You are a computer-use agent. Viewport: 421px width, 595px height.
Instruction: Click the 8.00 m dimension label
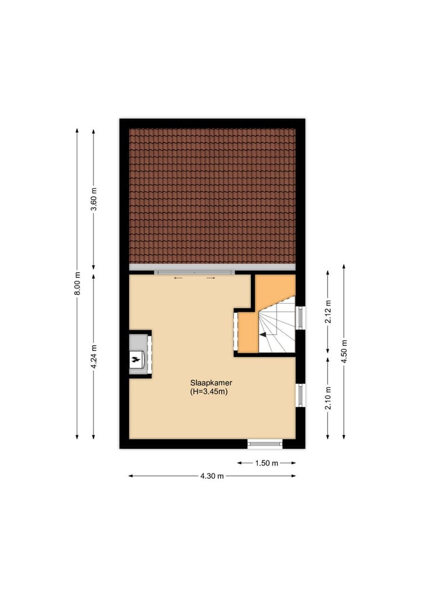point(77,284)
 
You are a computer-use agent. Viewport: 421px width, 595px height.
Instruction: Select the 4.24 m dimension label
point(94,355)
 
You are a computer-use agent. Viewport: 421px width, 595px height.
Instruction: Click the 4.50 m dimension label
point(344,351)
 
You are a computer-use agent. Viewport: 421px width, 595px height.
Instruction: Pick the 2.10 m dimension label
point(328,398)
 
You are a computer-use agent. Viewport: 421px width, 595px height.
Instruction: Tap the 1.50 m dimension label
point(266,463)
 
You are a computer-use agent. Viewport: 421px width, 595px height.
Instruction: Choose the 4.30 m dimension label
point(212,476)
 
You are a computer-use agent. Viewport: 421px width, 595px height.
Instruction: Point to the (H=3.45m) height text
point(209,392)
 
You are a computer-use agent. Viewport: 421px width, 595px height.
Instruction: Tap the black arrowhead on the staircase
point(263,334)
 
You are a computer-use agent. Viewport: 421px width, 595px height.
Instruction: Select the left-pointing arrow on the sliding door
point(178,278)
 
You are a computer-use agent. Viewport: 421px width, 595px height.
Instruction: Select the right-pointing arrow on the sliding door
point(211,278)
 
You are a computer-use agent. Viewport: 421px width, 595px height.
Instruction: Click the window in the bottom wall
point(265,444)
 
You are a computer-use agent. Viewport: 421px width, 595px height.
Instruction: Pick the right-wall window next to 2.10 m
point(301,395)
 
